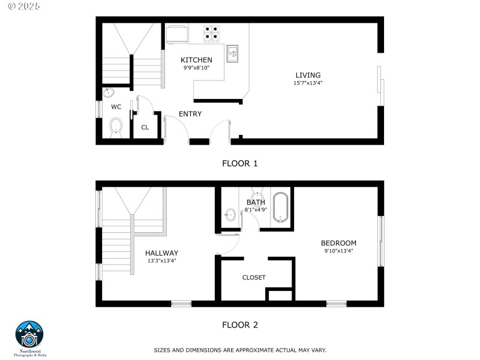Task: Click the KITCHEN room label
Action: point(196,60)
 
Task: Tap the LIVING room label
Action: point(308,75)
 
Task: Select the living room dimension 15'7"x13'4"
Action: point(308,83)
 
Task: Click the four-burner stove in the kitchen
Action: point(211,33)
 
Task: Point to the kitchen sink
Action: point(233,53)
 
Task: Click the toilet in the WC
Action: point(116,127)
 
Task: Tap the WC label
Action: point(116,107)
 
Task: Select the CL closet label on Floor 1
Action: point(145,127)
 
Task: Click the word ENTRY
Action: point(190,114)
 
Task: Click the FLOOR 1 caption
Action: point(240,163)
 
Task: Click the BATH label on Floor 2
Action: point(255,202)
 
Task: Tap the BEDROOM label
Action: point(338,243)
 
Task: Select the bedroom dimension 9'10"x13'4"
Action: point(338,251)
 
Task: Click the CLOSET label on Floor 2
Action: point(254,277)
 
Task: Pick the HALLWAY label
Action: point(161,253)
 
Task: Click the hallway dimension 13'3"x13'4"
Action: point(161,261)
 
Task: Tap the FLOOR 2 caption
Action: point(240,325)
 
